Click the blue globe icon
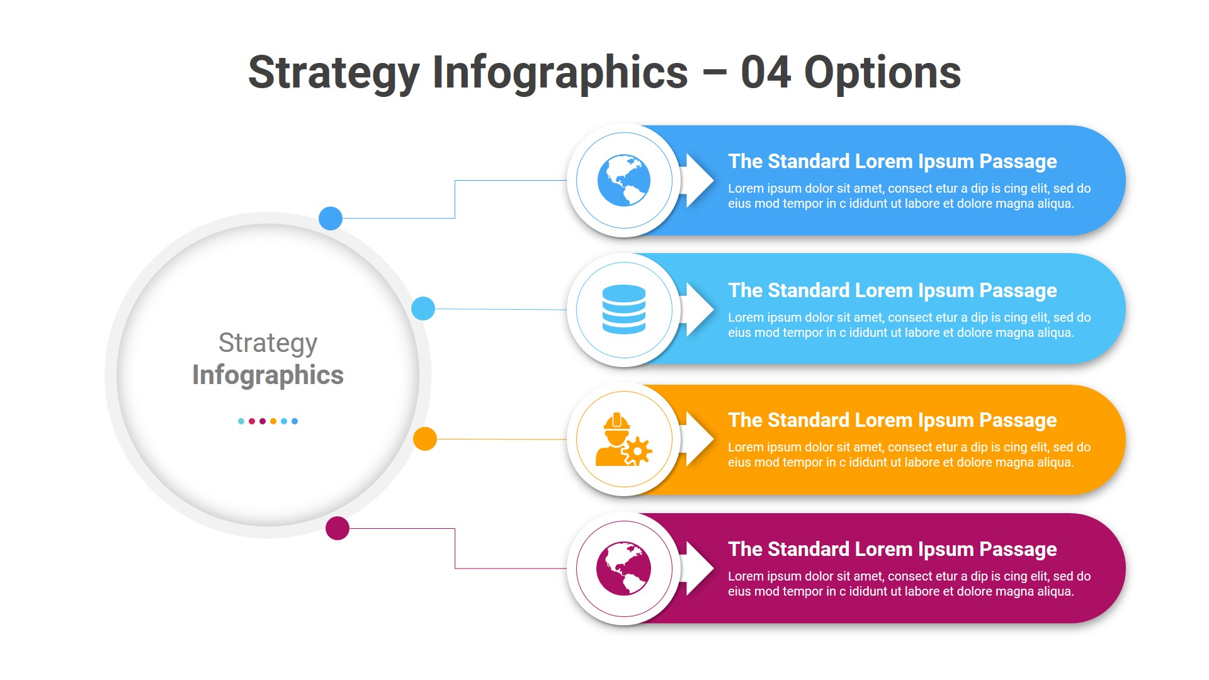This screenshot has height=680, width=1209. (623, 181)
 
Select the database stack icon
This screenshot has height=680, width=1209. (623, 309)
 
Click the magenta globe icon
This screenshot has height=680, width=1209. (623, 569)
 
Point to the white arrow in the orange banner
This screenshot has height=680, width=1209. (698, 439)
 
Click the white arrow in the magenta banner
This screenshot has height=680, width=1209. (698, 569)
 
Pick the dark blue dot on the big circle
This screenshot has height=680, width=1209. (331, 218)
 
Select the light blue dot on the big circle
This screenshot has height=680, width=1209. (423, 309)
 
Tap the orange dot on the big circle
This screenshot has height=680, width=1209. (425, 439)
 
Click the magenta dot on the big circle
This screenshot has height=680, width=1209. (338, 528)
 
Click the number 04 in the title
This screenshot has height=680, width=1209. (766, 72)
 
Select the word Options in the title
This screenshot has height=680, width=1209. (882, 74)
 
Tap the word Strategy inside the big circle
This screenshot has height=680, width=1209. (268, 343)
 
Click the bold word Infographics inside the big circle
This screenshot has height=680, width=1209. (268, 375)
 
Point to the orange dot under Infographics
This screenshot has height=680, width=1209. (273, 421)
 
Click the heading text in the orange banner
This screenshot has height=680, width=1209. (892, 420)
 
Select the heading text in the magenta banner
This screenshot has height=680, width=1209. (892, 549)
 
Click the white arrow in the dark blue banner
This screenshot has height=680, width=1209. (698, 181)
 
